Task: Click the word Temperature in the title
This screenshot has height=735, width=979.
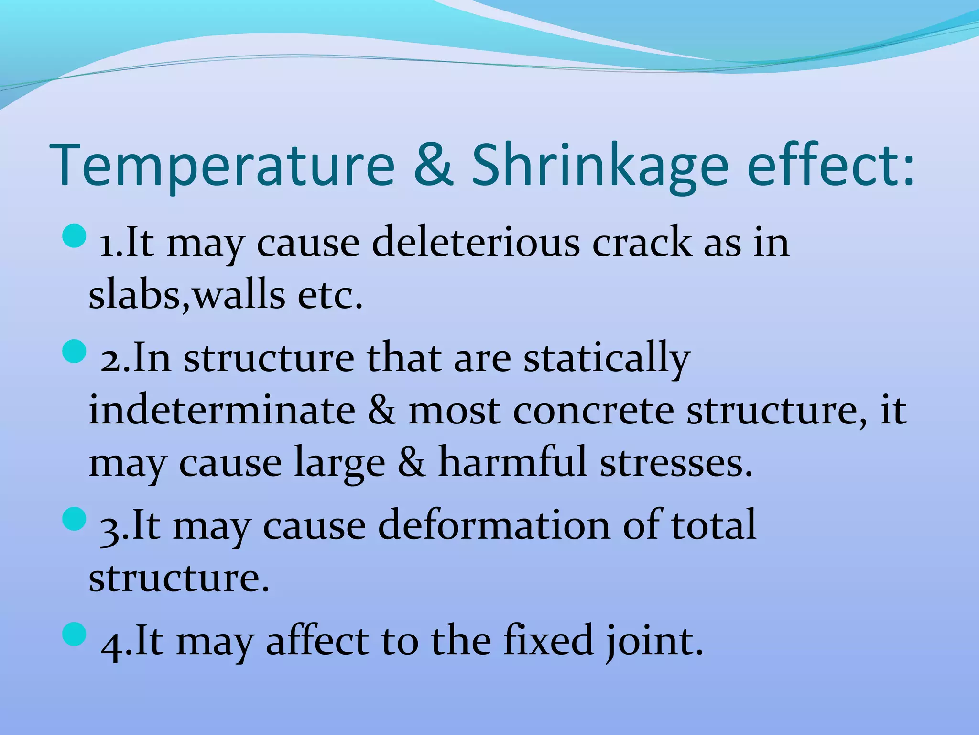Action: point(222,165)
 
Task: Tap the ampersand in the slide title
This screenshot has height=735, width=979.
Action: point(433,165)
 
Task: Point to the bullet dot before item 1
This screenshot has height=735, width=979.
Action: point(74,236)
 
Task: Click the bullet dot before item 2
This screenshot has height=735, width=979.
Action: point(74,352)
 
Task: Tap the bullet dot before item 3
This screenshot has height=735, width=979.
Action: point(74,519)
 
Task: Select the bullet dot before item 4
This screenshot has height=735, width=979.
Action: point(74,634)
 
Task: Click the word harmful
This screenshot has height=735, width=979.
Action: point(512,462)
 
